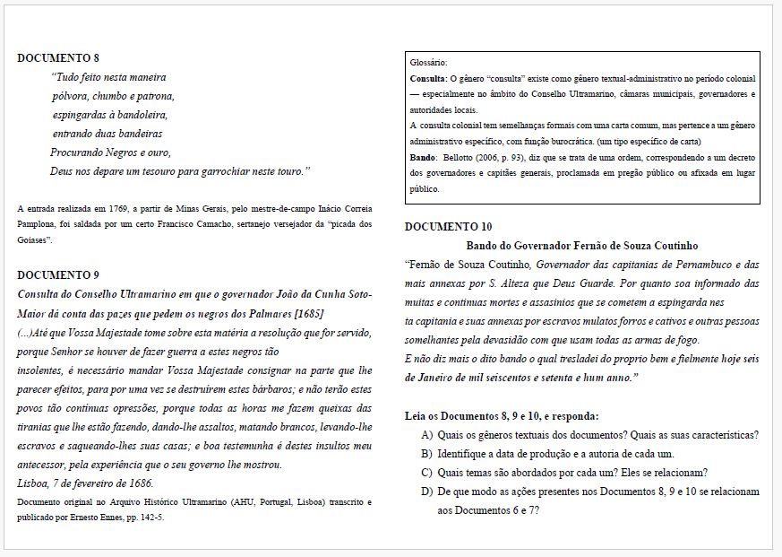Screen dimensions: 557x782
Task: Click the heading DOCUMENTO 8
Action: coord(58,57)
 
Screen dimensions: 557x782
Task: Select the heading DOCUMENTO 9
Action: coord(58,274)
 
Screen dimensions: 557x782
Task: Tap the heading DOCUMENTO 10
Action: coord(448,227)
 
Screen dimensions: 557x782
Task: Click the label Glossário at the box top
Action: coord(428,64)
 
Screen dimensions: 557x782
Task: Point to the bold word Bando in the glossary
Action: coord(423,158)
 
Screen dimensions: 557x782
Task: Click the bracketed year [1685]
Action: coord(306,313)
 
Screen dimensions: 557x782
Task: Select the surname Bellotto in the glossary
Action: coord(461,158)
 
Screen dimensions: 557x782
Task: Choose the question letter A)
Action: coord(426,435)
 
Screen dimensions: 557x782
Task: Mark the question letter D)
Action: coord(426,492)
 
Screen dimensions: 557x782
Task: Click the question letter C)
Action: coord(426,473)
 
